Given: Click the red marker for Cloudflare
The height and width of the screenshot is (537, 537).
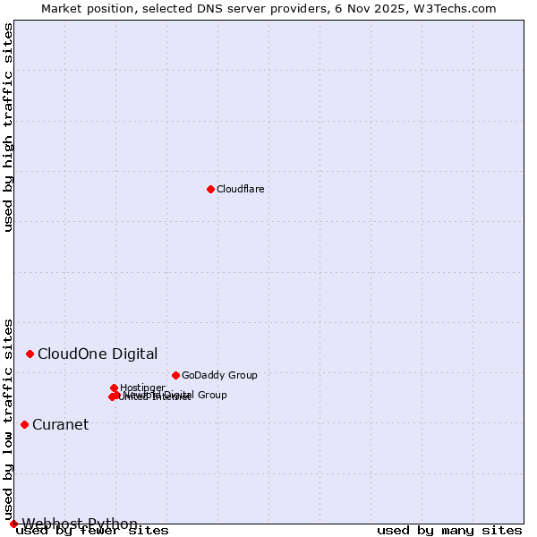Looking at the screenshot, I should coord(210,189).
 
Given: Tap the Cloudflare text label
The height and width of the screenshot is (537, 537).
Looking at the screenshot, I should coord(240,189).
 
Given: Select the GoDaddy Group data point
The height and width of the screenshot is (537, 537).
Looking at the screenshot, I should coord(175,375).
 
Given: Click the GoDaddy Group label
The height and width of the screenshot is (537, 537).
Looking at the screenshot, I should coord(219,375).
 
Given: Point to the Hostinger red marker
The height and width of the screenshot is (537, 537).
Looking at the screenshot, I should coord(114,388).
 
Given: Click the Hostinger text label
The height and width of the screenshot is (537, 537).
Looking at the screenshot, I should coord(142,388).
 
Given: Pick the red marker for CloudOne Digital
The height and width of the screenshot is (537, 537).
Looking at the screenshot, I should coord(30,354).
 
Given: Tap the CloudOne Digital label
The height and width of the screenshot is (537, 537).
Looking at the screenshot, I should coord(98,354).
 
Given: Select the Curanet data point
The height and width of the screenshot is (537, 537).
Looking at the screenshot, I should coord(24,424).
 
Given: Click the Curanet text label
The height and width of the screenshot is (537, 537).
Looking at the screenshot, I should coord(60,424).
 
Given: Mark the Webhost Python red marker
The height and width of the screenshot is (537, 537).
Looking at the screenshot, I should coord(13,524).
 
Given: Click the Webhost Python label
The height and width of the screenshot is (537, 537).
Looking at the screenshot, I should coord(80,524).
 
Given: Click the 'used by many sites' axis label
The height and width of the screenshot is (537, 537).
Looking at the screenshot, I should coord(449,530).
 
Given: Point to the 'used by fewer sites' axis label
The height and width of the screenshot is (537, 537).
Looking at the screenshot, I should coord(92,531).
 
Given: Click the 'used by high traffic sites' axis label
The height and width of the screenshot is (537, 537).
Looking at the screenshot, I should coord(8,127).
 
